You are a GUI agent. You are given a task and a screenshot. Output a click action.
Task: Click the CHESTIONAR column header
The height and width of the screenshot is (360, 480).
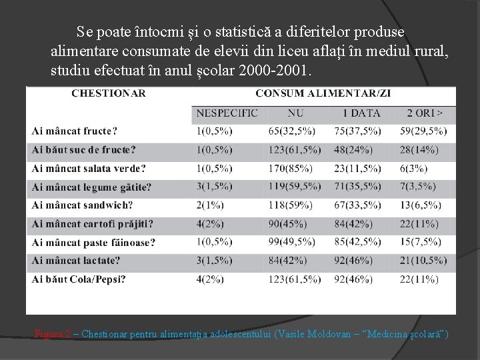tap(109, 93)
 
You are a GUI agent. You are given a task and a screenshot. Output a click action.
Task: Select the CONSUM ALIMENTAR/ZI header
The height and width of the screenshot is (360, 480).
tap(323, 93)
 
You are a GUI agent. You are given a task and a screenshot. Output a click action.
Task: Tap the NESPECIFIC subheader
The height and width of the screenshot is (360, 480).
tap(227, 113)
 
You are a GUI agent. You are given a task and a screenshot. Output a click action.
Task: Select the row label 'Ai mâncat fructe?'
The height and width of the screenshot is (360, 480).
tap(75, 131)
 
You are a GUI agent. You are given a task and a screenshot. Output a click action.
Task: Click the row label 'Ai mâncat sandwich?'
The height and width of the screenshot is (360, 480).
tap(82, 205)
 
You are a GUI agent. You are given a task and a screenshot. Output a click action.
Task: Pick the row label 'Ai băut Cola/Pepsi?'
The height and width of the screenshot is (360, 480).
tap(79, 279)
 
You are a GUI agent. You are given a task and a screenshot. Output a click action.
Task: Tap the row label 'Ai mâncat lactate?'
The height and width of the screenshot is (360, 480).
tap(76, 261)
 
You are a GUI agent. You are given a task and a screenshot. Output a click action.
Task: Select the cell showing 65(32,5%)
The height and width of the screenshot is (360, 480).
tap(293, 131)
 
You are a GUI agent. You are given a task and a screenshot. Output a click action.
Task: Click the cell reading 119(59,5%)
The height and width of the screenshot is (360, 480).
tap(297, 187)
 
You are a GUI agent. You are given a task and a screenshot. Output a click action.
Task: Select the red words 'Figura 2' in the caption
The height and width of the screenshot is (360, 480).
tap(53, 333)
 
